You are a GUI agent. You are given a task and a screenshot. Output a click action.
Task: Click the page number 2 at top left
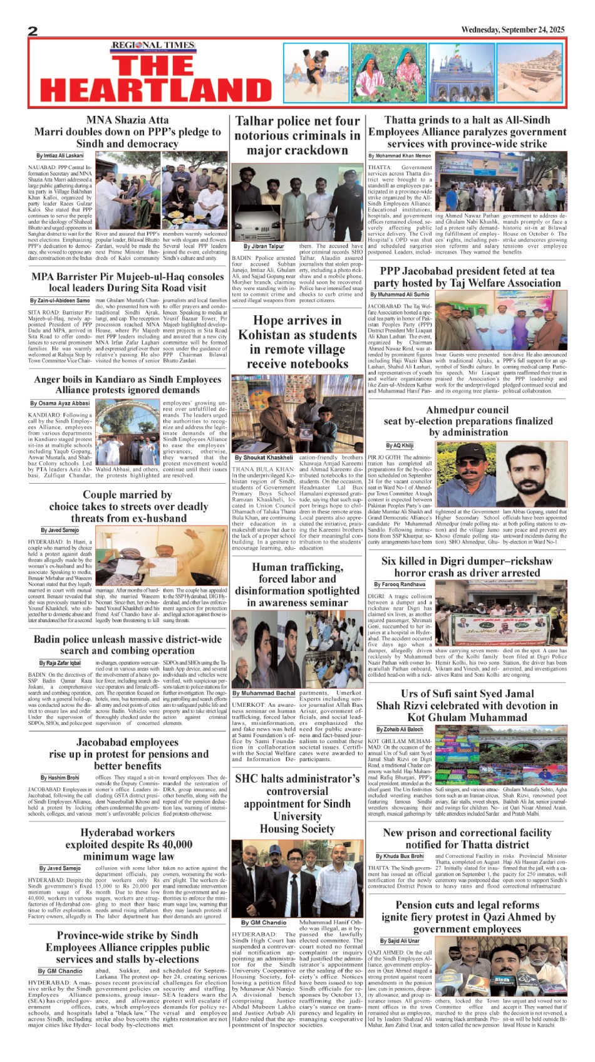(x=33, y=32)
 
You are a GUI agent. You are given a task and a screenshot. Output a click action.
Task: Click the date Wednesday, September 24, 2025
(x=512, y=30)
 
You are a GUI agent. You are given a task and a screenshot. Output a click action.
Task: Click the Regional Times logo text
(x=153, y=46)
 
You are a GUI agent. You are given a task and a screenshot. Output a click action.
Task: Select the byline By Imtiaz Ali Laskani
(x=59, y=155)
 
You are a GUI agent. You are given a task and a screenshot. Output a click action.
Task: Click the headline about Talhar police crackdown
(x=297, y=135)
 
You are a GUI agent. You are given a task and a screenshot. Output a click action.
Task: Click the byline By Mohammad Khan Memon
(x=400, y=155)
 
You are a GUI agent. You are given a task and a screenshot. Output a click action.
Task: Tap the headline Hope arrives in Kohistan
(x=297, y=342)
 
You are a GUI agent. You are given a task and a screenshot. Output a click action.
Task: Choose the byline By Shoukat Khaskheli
(x=264, y=458)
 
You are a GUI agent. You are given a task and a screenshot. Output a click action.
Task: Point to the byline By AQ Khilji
(x=400, y=445)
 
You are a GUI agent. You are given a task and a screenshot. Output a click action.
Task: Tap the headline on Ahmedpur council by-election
(x=467, y=421)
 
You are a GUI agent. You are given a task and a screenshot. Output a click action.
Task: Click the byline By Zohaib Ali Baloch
(x=400, y=729)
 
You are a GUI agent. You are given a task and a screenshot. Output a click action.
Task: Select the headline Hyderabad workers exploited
(x=128, y=844)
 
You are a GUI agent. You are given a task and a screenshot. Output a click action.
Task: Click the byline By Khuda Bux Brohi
(x=400, y=856)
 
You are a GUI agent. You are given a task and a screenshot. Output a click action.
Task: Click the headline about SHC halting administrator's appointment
(x=297, y=803)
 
